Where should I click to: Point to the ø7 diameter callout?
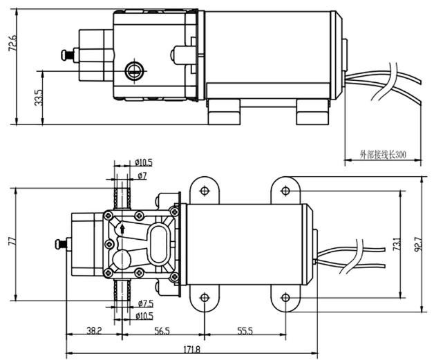[142, 176]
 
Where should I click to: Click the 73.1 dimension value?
[396, 244]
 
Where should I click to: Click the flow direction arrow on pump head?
[122, 228]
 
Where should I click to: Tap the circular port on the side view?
[133, 69]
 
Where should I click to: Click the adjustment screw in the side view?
[67, 53]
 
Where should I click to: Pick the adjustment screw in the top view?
[58, 243]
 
